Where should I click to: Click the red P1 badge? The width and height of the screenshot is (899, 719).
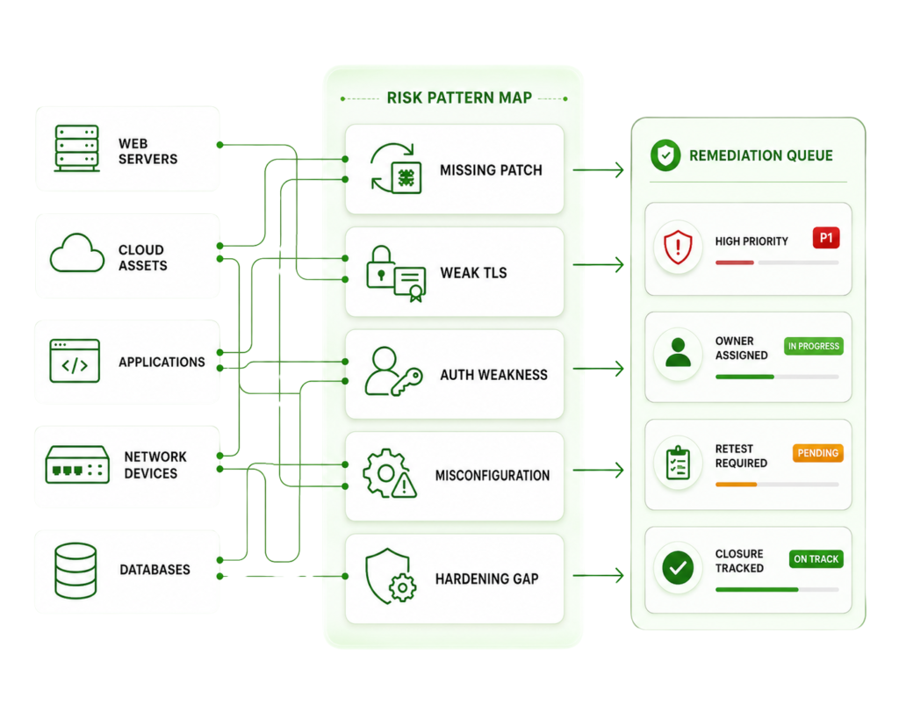click(x=825, y=238)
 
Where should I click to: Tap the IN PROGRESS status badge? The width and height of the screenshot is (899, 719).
click(x=814, y=346)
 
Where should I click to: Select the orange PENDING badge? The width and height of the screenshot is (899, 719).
click(x=817, y=453)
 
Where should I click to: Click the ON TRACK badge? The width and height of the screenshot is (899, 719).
click(x=816, y=559)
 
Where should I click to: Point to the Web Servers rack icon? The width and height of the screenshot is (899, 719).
click(x=77, y=148)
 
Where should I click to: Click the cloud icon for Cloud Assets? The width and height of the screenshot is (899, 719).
click(x=77, y=253)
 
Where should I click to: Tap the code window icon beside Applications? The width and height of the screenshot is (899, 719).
click(x=75, y=361)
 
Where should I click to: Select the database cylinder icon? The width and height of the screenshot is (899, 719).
click(x=76, y=571)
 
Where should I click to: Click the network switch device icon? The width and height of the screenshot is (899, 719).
click(x=77, y=464)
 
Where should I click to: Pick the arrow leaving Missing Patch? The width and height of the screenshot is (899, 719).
click(x=598, y=169)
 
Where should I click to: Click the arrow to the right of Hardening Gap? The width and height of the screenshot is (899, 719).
click(x=598, y=575)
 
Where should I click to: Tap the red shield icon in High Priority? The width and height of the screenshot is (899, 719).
click(x=678, y=247)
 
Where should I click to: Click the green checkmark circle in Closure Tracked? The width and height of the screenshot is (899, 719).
click(x=678, y=568)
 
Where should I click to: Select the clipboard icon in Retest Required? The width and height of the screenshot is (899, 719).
click(x=678, y=462)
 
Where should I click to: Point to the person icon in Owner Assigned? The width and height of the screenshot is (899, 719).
click(x=678, y=352)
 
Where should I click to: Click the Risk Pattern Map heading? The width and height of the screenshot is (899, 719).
click(x=459, y=98)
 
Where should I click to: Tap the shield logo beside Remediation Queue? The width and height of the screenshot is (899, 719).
click(x=665, y=155)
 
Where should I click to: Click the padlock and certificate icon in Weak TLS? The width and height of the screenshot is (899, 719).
click(x=396, y=274)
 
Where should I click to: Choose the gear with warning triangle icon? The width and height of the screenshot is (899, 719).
click(x=389, y=473)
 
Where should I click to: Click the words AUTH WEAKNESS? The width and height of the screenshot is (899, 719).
click(x=493, y=375)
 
